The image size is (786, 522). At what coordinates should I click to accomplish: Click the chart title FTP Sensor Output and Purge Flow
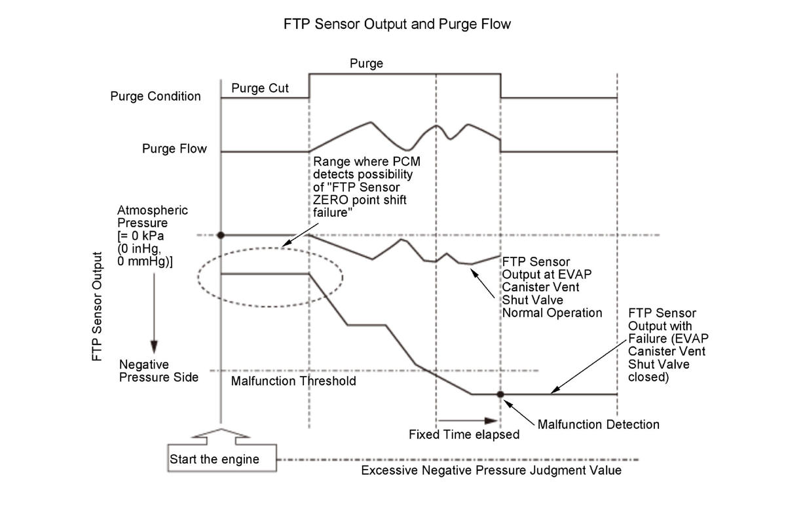pyautogui.click(x=397, y=24)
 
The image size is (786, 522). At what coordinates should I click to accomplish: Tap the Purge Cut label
pyautogui.click(x=260, y=88)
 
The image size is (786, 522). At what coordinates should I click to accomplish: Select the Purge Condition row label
pyautogui.click(x=155, y=96)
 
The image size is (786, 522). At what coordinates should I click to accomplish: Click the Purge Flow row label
pyautogui.click(x=174, y=149)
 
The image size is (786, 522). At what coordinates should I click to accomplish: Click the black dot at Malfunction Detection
pyautogui.click(x=500, y=394)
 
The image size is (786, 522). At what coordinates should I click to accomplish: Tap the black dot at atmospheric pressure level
pyautogui.click(x=222, y=234)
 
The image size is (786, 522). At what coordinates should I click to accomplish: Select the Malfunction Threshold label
pyautogui.click(x=293, y=381)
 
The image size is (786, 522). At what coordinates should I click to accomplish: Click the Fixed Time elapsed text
pyautogui.click(x=464, y=434)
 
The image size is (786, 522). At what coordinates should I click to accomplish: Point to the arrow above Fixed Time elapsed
pyautogui.click(x=466, y=420)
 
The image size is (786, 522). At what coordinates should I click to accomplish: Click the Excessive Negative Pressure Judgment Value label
pyautogui.click(x=491, y=470)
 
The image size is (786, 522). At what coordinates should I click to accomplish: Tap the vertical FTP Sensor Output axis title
pyautogui.click(x=98, y=306)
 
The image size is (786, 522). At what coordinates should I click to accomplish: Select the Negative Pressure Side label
pyautogui.click(x=158, y=371)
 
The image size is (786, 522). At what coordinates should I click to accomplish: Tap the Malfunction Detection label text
pyautogui.click(x=598, y=424)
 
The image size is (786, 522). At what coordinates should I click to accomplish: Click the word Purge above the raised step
pyautogui.click(x=366, y=64)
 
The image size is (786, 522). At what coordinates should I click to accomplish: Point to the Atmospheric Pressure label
pyautogui.click(x=153, y=235)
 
